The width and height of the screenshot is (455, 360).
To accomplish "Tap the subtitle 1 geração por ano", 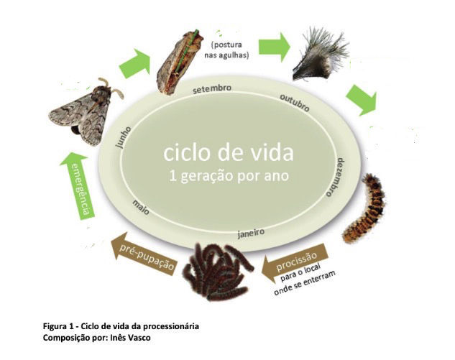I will point(228,177).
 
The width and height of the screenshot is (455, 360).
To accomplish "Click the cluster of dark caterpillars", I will point(216,269).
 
